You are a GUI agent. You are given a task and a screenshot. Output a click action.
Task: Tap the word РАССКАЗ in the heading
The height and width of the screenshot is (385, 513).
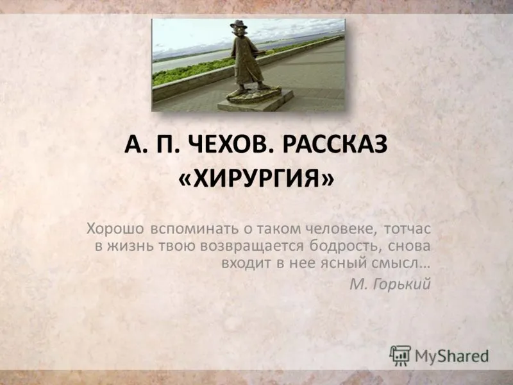tap(335, 144)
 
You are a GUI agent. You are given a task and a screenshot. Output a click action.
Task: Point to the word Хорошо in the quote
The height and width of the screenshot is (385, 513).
tap(115, 228)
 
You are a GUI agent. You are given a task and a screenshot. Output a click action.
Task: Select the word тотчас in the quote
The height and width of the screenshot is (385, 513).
tap(407, 229)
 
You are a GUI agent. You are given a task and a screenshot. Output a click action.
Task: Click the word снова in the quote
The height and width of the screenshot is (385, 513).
tap(409, 246)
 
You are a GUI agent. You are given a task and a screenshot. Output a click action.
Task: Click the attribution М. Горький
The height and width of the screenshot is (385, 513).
tap(390, 284)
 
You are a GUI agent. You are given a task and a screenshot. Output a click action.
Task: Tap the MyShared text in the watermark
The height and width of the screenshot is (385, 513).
tap(452, 356)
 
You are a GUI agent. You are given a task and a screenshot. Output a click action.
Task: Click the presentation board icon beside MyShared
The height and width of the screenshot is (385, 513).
tap(400, 355)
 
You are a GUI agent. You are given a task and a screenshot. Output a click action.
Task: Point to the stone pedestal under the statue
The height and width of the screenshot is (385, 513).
tap(256, 101)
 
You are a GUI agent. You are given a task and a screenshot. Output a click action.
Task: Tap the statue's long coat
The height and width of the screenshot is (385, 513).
tap(246, 60)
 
